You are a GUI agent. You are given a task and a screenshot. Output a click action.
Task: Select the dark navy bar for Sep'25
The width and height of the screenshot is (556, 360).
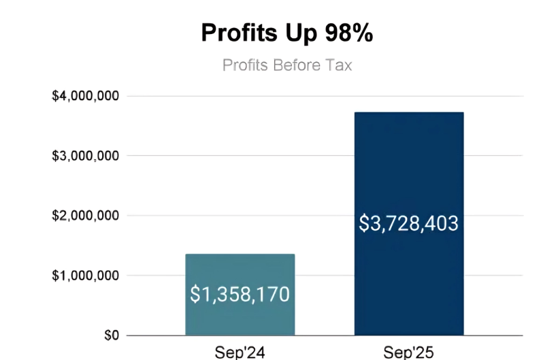pyautogui.click(x=409, y=167)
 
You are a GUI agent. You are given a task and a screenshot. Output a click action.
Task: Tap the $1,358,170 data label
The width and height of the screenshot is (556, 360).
pyautogui.click(x=239, y=294)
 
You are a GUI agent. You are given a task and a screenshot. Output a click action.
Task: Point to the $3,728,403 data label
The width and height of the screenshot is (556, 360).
pyautogui.click(x=409, y=223)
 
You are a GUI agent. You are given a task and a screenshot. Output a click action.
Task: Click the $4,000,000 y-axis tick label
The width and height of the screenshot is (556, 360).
pyautogui.click(x=86, y=96)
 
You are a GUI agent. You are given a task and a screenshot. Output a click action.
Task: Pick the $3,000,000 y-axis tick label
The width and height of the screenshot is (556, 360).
pyautogui.click(x=86, y=156)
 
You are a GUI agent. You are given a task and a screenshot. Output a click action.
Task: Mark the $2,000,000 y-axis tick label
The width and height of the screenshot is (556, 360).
pyautogui.click(x=86, y=216)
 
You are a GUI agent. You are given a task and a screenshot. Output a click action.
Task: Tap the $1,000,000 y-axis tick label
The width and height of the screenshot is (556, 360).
pyautogui.click(x=86, y=276)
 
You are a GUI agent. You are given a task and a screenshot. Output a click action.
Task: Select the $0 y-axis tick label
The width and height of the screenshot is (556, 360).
pyautogui.click(x=111, y=336)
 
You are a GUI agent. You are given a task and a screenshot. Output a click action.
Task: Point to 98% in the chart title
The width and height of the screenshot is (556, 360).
pyautogui.click(x=349, y=33)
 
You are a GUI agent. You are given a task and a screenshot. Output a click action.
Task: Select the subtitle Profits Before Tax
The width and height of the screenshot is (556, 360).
pyautogui.click(x=287, y=64)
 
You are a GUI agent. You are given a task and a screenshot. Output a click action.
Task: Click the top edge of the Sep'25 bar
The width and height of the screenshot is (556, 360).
pyautogui.click(x=409, y=113)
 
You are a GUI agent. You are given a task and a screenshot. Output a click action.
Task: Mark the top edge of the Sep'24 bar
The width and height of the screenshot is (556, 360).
pyautogui.click(x=239, y=255)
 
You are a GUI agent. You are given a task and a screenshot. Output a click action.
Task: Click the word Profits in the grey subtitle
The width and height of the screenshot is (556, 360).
pyautogui.click(x=245, y=64)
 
